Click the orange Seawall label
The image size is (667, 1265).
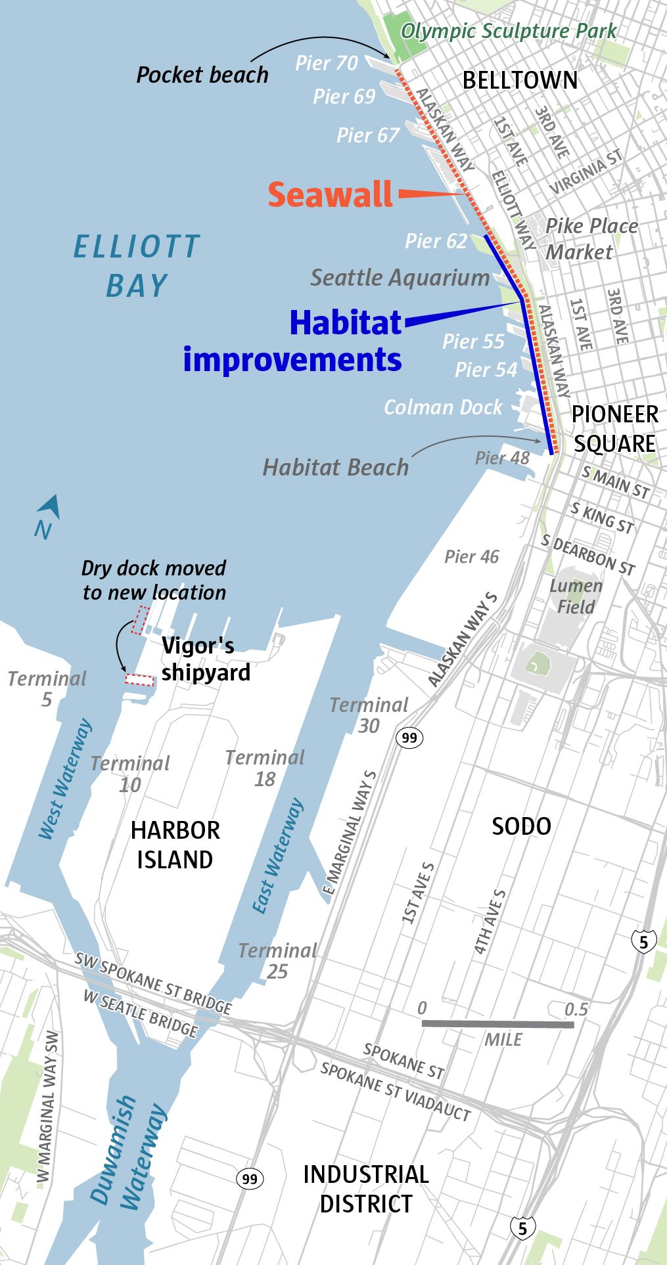[330, 195]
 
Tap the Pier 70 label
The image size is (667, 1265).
[327, 63]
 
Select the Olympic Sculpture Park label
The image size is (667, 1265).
[509, 31]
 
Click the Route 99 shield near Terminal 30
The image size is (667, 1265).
[409, 738]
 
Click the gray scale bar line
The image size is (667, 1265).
[497, 1024]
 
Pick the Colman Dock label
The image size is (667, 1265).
[443, 407]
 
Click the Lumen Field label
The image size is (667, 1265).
[576, 596]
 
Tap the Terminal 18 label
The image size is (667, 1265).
[265, 768]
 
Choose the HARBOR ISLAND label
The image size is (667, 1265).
[175, 845]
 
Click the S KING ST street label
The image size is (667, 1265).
[601, 518]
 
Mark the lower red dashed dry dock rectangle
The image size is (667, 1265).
[139, 680]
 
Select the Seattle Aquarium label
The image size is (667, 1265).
[400, 277]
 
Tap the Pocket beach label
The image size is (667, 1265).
[202, 75]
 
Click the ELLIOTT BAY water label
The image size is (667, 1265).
[136, 265]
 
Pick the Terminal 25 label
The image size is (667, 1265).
[277, 960]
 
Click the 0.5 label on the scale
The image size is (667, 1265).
[575, 1009]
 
